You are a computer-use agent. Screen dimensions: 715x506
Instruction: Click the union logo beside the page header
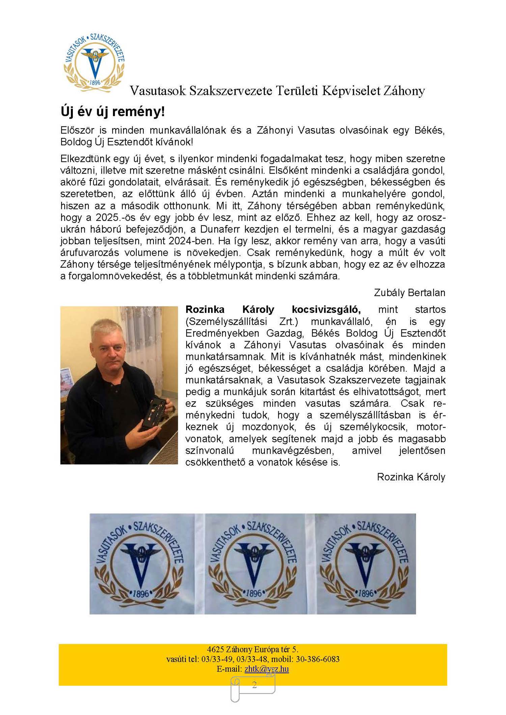(94, 62)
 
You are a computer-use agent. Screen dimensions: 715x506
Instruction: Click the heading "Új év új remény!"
(113, 112)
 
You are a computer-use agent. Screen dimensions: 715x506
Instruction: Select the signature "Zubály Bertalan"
(409, 292)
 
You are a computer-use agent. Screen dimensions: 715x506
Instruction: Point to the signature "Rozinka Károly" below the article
(411, 477)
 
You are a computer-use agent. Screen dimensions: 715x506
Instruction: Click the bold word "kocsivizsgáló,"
(326, 309)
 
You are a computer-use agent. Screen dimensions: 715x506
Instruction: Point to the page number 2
(254, 684)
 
